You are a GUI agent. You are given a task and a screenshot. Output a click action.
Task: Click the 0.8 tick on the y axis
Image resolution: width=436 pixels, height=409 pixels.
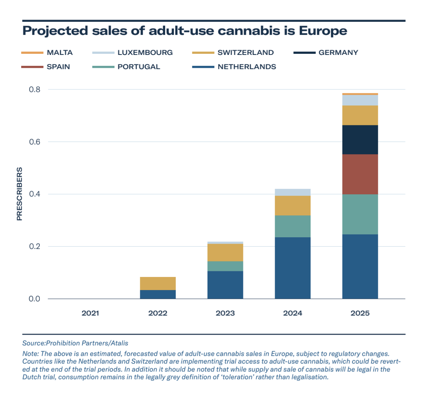35,89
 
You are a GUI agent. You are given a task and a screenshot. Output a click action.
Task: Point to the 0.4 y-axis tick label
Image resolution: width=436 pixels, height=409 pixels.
35,194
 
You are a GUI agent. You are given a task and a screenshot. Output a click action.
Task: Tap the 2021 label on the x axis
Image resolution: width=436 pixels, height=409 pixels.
90,313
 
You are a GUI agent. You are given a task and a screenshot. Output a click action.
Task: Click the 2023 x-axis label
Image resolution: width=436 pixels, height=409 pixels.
225,313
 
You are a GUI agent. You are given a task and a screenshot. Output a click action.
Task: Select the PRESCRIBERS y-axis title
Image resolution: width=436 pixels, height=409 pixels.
19,194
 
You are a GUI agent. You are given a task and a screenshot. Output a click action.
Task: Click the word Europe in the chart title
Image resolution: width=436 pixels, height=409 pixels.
323,31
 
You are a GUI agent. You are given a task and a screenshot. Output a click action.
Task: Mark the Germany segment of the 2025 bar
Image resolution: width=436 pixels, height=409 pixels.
360,140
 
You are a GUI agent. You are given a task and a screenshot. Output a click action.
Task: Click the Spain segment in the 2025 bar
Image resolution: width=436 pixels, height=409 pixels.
360,174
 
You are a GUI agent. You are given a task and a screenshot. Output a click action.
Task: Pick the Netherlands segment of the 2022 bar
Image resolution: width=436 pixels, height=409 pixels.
158,294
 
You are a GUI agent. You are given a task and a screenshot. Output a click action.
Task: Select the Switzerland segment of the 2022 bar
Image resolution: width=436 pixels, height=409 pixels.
158,283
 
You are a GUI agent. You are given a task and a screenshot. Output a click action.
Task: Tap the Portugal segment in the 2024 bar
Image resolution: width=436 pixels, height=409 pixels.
293,226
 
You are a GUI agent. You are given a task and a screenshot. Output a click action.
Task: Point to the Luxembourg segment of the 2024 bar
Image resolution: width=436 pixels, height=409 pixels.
293,192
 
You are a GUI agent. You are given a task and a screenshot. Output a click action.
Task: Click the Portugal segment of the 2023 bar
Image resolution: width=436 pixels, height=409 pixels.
225,266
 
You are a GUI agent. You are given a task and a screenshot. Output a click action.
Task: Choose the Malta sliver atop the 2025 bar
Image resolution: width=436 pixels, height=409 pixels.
360,94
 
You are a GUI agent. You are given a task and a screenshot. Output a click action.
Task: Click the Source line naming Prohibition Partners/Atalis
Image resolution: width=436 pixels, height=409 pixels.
75,343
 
